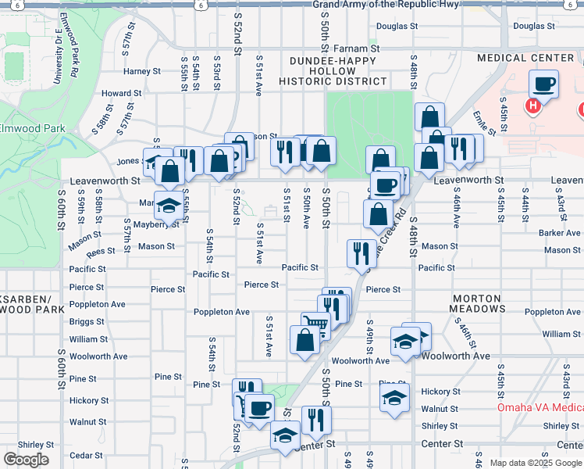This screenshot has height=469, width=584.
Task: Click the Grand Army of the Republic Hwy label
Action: click(386, 5)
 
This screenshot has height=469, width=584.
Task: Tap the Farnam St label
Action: click(363, 48)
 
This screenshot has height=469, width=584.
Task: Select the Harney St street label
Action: click(141, 71)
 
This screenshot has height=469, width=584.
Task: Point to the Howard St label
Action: click(121, 93)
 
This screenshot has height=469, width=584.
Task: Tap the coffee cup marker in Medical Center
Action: click(543, 84)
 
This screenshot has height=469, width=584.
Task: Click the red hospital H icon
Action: click(534, 106)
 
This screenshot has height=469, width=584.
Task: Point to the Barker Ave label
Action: click(559, 233)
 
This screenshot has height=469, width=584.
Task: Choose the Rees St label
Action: click(101, 252)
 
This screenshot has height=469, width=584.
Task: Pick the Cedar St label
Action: click(81, 455)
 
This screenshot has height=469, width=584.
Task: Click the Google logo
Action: click(27, 460)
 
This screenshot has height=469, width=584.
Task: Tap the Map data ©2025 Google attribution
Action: click(534, 463)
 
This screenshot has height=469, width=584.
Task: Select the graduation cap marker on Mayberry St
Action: click(168, 206)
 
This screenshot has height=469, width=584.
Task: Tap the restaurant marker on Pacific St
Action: click(361, 252)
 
